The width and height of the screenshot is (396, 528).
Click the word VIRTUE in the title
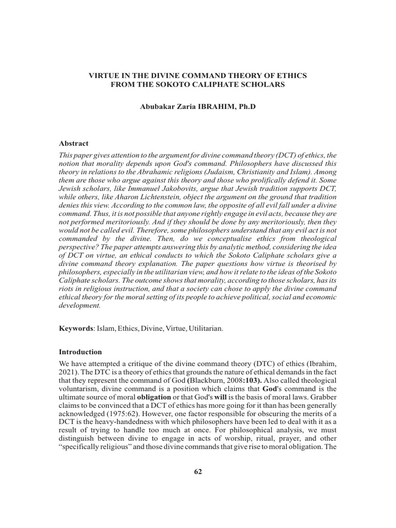pos(103,75)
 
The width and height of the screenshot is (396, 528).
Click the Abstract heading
pos(75,143)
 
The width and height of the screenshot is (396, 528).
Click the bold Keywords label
pos(75,328)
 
